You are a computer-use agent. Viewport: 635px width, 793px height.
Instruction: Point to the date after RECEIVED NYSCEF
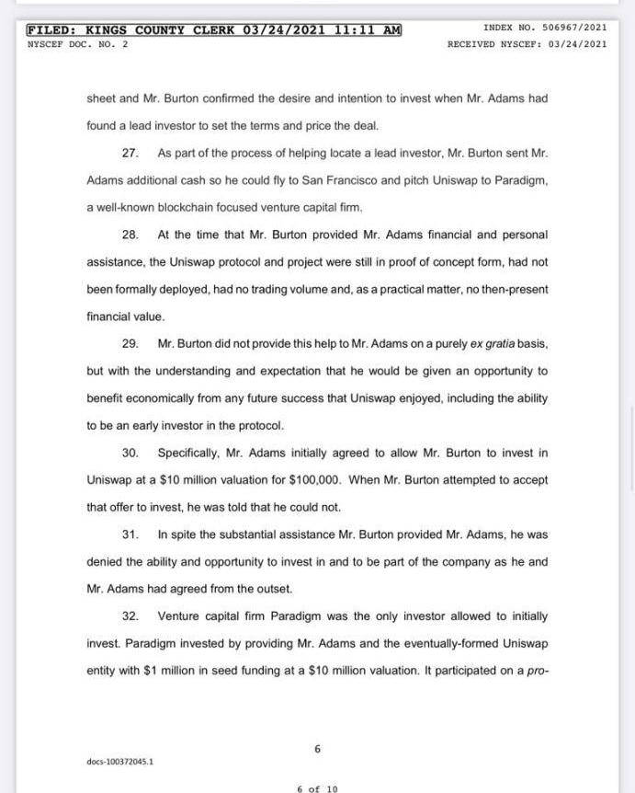[x=576, y=44]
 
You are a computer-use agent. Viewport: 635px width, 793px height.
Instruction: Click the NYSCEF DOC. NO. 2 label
[x=78, y=44]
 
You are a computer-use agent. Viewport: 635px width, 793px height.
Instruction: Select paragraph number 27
[x=130, y=153]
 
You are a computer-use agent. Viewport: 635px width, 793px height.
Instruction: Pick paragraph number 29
[x=130, y=344]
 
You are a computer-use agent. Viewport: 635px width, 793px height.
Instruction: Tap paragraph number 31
[x=130, y=534]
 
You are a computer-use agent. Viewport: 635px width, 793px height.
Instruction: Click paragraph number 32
[x=130, y=616]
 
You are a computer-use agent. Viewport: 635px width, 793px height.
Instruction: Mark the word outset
[x=273, y=589]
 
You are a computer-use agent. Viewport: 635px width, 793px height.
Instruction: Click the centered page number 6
[x=317, y=749]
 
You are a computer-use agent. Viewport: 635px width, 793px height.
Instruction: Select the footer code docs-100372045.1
[x=120, y=762]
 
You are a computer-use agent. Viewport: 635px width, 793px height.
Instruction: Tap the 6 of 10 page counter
[x=317, y=788]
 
